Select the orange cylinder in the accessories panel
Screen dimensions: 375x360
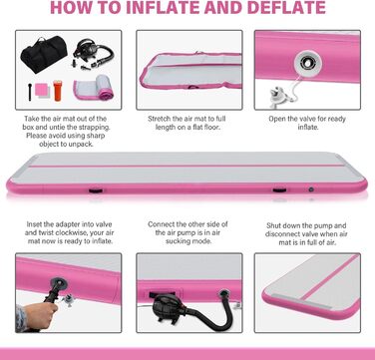coord(58,90)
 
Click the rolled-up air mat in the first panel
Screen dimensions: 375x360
coord(94,88)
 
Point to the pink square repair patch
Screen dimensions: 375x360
coord(41,89)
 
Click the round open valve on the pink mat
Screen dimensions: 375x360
coord(308,63)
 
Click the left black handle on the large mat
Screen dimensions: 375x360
coord(96,190)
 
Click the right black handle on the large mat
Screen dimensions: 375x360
coord(279,190)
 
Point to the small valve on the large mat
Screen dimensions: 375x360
coord(311,189)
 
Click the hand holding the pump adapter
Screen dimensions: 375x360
coord(39,314)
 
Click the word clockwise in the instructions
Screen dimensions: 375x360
coord(79,232)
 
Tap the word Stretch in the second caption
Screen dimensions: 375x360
coord(160,119)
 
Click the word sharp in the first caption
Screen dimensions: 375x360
coord(97,136)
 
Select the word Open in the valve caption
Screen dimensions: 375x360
coord(277,119)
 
